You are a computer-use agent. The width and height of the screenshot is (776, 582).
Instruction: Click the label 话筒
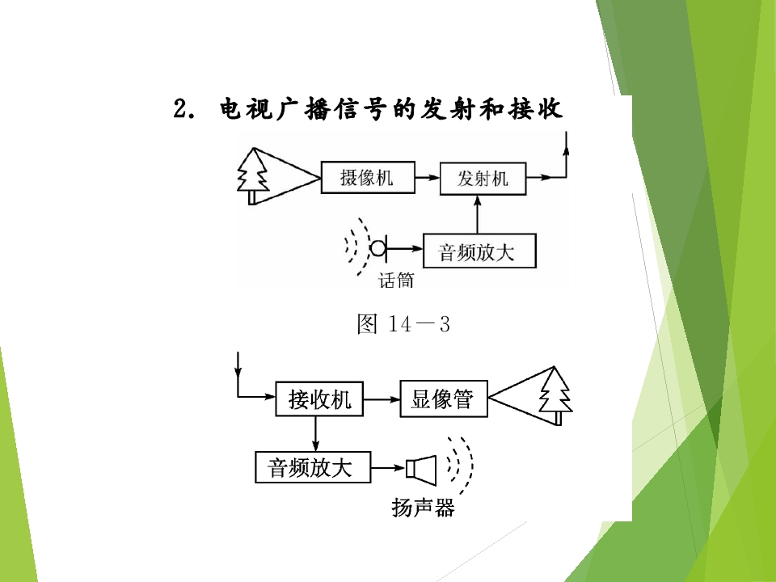pos(395,280)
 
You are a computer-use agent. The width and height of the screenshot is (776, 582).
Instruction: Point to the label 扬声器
pos(423,508)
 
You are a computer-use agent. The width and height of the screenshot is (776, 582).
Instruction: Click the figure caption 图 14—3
pos(403,324)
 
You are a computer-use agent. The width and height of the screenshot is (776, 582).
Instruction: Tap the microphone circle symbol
pos(377,248)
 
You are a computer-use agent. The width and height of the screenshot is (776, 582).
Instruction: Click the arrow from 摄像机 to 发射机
pos(428,177)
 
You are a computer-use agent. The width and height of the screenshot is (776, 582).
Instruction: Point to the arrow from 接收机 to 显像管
pos(382,399)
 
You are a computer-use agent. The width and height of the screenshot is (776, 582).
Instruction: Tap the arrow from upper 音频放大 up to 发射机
pos(478,214)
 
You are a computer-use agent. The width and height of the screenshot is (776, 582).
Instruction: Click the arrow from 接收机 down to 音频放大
pos(316,433)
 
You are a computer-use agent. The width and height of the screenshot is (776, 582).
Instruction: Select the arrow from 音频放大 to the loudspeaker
pos(389,468)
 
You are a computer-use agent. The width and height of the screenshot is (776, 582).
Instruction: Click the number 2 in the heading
pos(180,108)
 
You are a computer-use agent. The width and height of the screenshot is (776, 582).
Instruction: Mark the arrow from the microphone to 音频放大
pos(405,248)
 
